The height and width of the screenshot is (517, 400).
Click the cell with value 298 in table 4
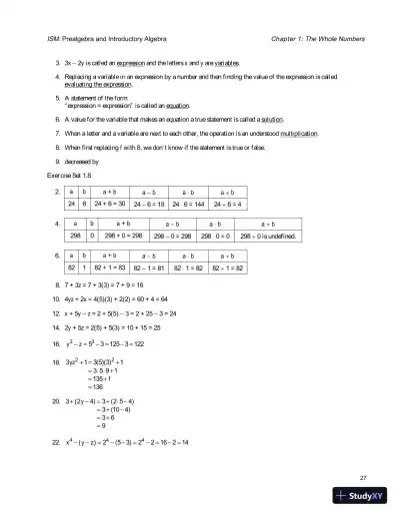pos(75,237)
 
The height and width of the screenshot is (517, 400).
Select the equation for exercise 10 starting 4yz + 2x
pos(121,298)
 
